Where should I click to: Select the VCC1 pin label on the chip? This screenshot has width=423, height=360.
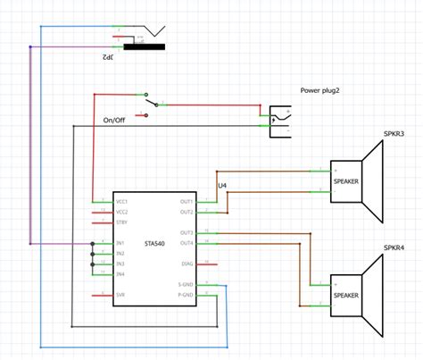click(x=122, y=202)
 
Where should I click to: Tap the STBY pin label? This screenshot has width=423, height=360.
click(x=121, y=222)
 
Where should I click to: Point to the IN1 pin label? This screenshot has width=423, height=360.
click(x=120, y=243)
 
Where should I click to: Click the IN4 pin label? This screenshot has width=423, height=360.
click(x=120, y=274)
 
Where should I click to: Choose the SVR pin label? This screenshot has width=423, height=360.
click(x=120, y=294)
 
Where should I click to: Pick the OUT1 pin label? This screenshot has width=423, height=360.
click(x=186, y=202)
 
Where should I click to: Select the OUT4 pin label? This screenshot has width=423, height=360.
click(x=186, y=243)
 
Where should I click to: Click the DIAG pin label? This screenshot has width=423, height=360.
click(x=187, y=264)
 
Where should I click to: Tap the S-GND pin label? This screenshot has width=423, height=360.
click(x=185, y=285)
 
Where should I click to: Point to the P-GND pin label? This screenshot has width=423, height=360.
click(x=185, y=295)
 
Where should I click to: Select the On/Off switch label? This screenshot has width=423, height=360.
click(x=114, y=120)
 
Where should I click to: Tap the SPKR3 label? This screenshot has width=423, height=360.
click(x=394, y=134)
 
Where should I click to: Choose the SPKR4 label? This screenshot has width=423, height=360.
click(x=394, y=248)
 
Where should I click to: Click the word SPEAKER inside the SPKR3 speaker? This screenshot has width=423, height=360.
click(x=345, y=180)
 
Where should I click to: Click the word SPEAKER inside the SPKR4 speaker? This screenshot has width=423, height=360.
click(x=345, y=295)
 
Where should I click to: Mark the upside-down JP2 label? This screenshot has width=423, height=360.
click(x=109, y=56)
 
